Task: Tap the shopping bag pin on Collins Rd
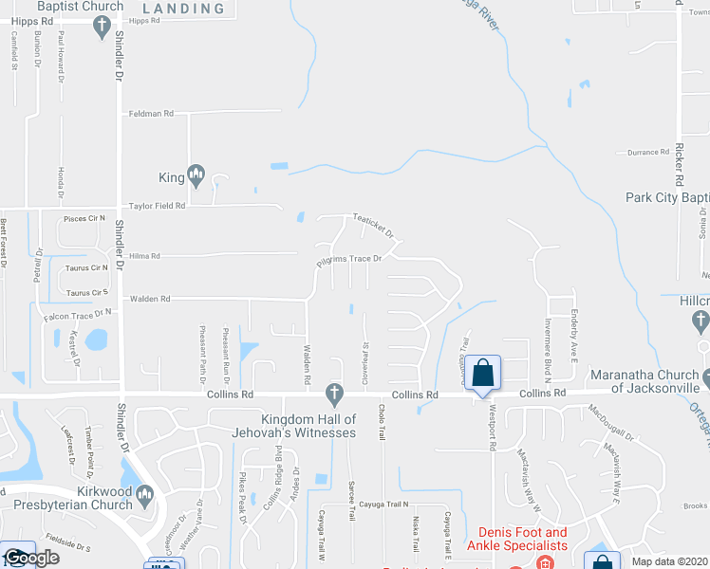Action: coord(482,373)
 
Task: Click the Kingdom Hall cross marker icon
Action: coord(333,392)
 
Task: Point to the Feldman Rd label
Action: coord(152,114)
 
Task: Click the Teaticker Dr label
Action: coord(373,223)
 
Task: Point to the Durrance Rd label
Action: coord(648,153)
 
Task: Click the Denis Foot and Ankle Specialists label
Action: coord(516,539)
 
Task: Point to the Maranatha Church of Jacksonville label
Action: coord(645,380)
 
